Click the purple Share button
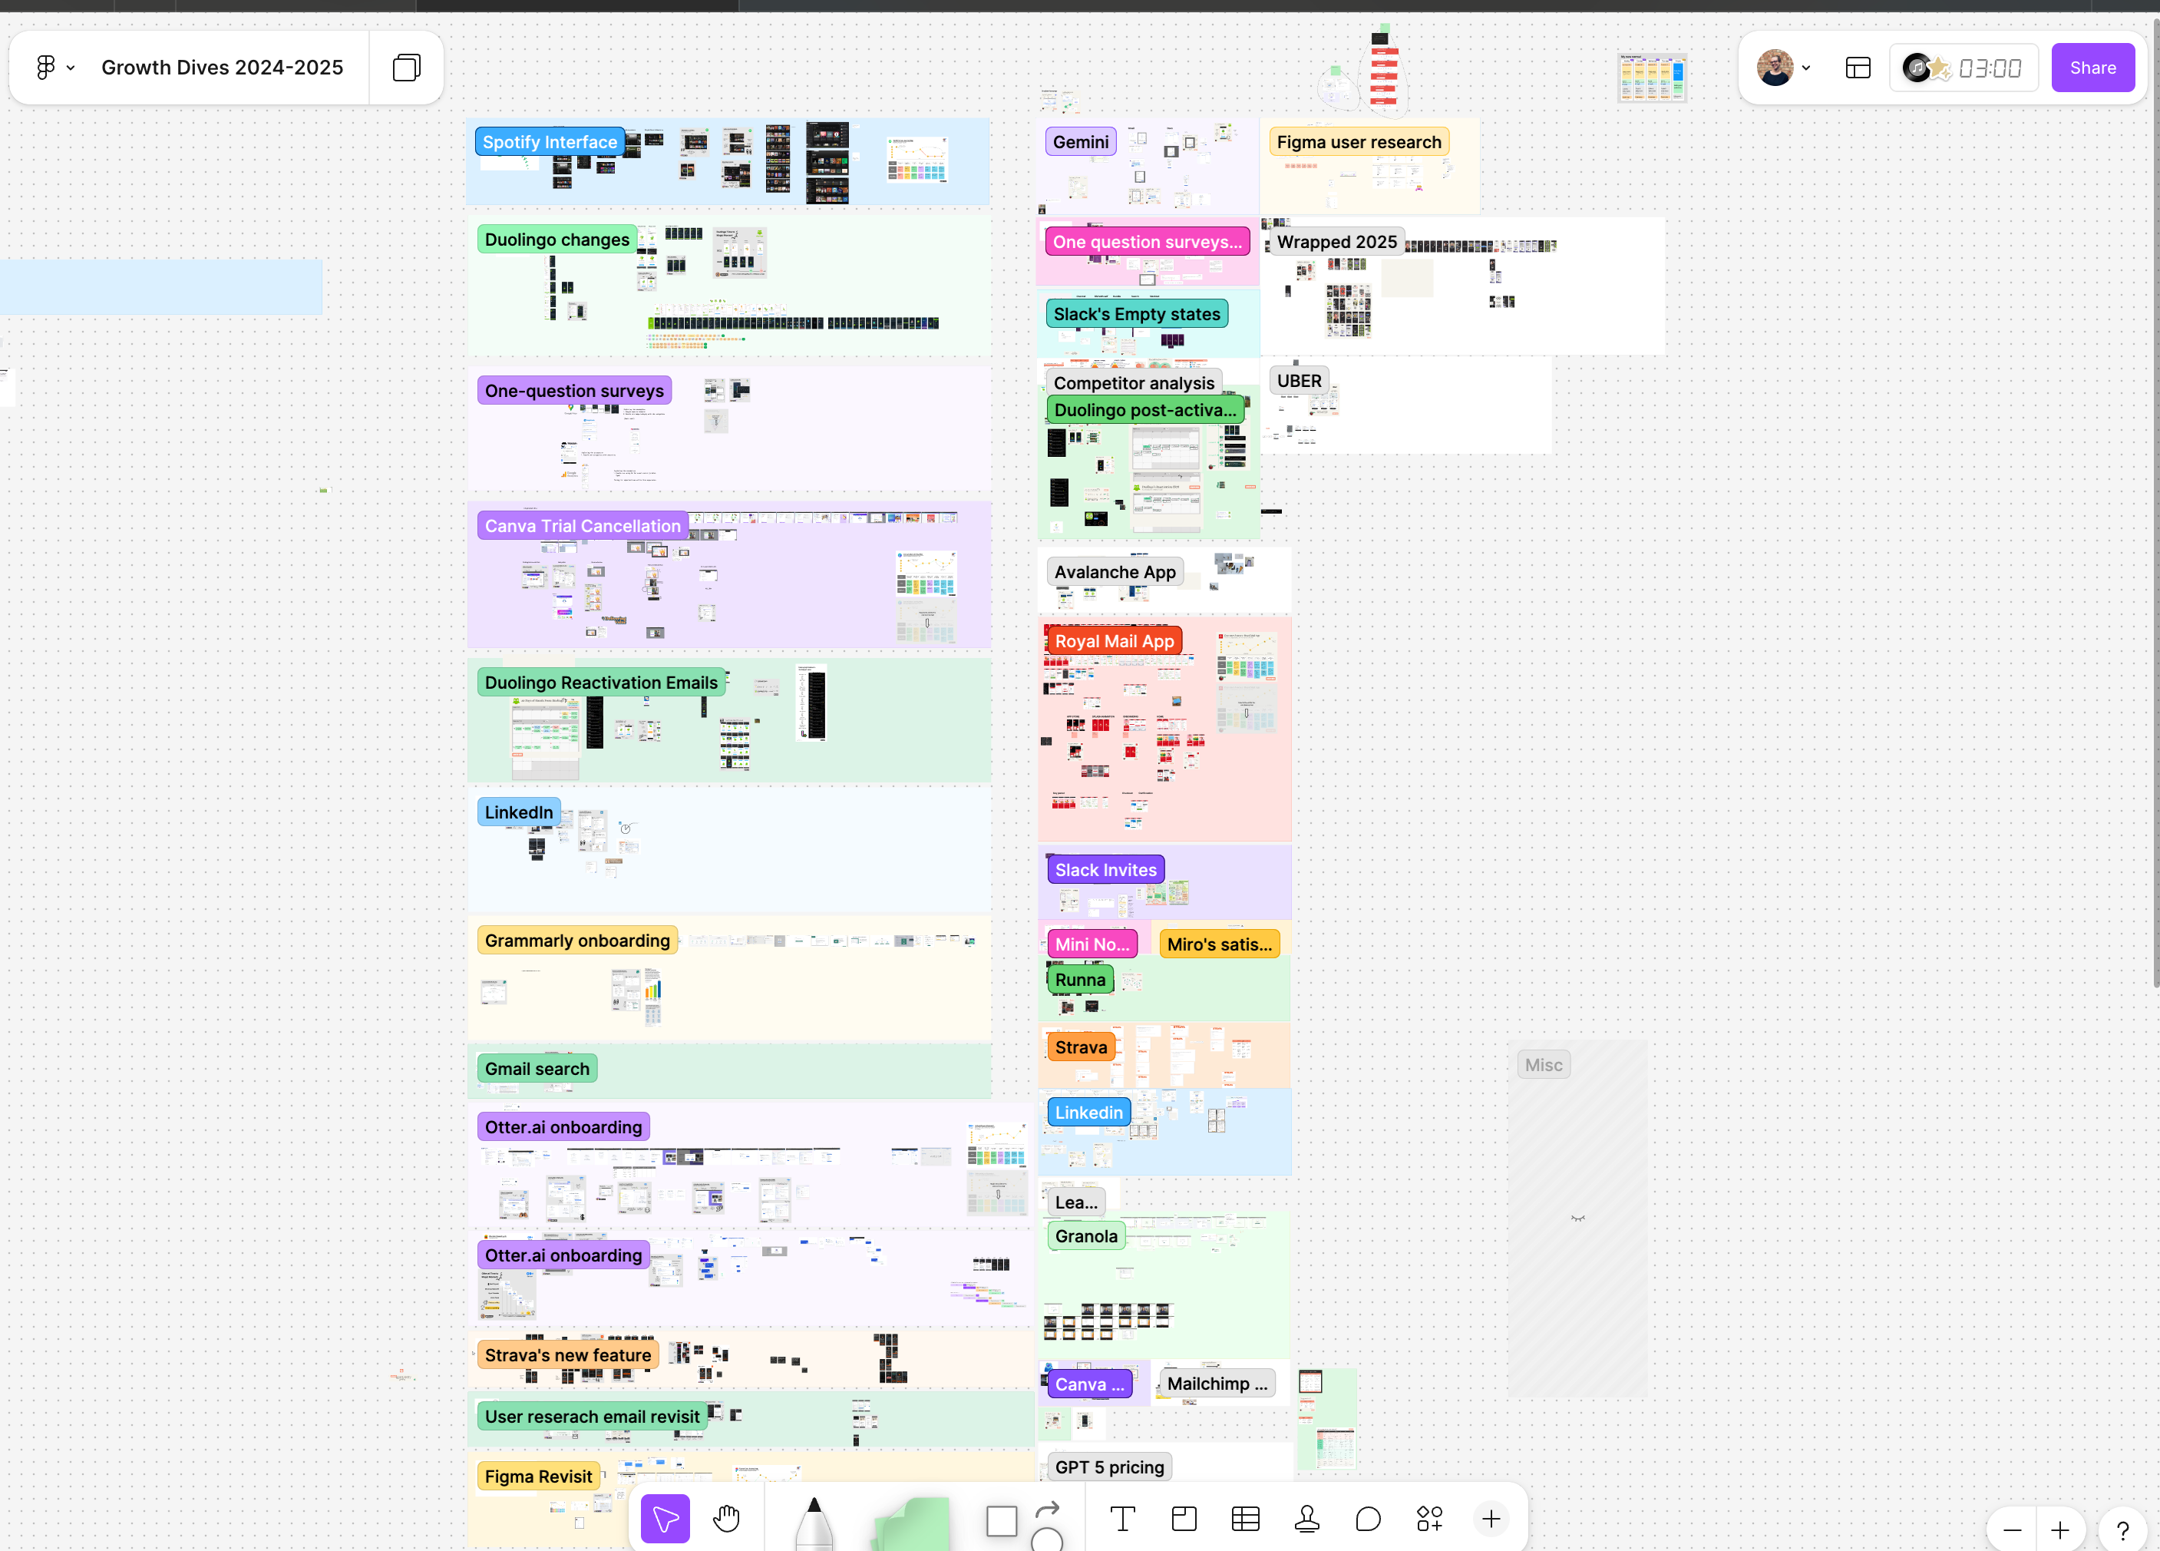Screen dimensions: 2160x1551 click(x=2092, y=68)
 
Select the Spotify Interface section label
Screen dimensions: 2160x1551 click(x=550, y=142)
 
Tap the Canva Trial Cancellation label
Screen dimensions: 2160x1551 click(x=582, y=526)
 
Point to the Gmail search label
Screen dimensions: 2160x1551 click(x=537, y=1069)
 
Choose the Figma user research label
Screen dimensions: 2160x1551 click(x=1358, y=142)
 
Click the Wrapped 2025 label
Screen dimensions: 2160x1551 click(x=1336, y=242)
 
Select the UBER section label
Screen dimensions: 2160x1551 click(x=1299, y=381)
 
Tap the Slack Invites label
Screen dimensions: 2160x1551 click(x=1105, y=870)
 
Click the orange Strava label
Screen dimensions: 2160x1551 click(x=1081, y=1047)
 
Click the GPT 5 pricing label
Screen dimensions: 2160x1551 click(x=1108, y=1467)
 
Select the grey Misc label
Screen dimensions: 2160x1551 click(x=1543, y=1065)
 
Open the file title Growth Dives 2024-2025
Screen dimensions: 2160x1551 click(x=222, y=68)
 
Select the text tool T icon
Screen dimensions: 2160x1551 click(x=1122, y=1519)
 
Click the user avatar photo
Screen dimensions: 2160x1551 click(x=1775, y=68)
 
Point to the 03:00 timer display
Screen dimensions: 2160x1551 click(x=1989, y=68)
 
